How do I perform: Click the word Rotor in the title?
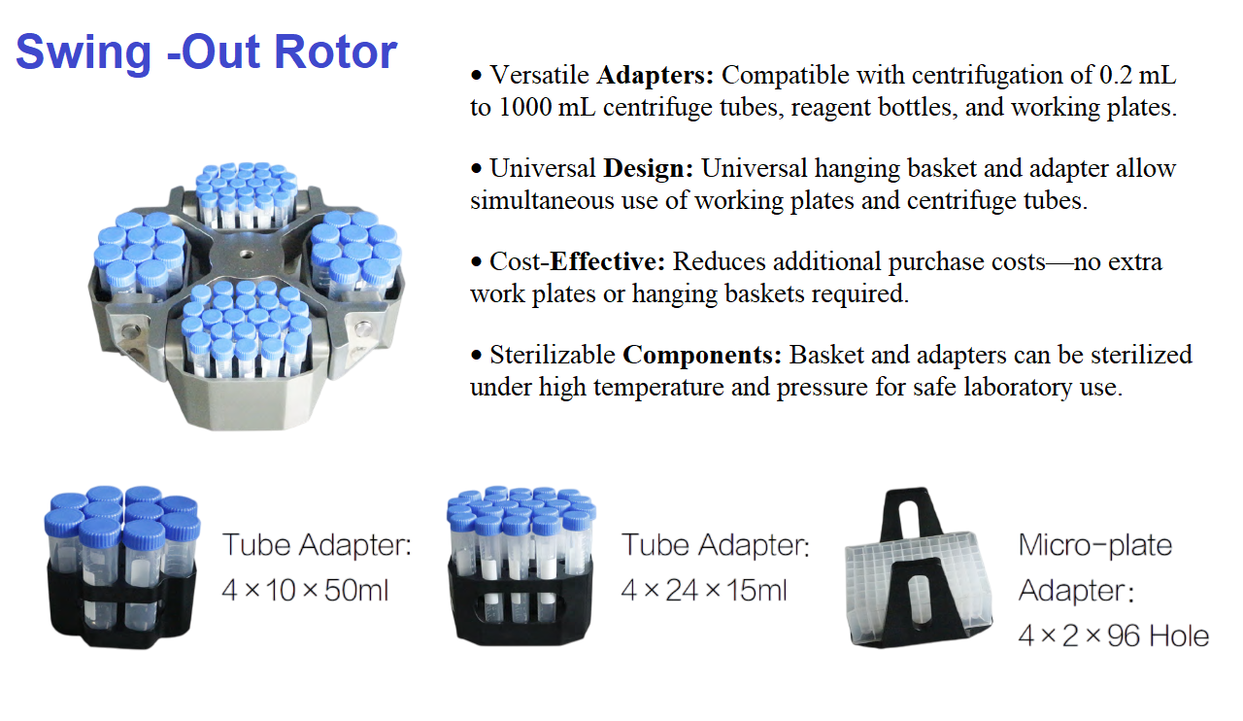[336, 52]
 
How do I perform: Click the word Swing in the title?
[84, 54]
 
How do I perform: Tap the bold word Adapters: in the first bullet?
[655, 75]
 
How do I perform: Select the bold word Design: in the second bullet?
[648, 169]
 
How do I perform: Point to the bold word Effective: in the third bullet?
[607, 261]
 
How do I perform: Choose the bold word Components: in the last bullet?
[702, 356]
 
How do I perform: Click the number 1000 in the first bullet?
[524, 107]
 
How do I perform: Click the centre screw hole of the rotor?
[246, 255]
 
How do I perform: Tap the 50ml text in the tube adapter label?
[356, 590]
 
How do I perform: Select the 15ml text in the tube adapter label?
[756, 590]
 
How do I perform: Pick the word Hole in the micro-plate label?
[1179, 636]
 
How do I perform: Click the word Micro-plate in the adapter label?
[1094, 545]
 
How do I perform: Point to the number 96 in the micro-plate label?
[1125, 636]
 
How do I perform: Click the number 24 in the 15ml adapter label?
[683, 590]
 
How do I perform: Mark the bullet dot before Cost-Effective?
[476, 262]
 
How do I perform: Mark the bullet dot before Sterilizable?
[476, 356]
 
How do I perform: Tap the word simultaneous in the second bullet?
[542, 200]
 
